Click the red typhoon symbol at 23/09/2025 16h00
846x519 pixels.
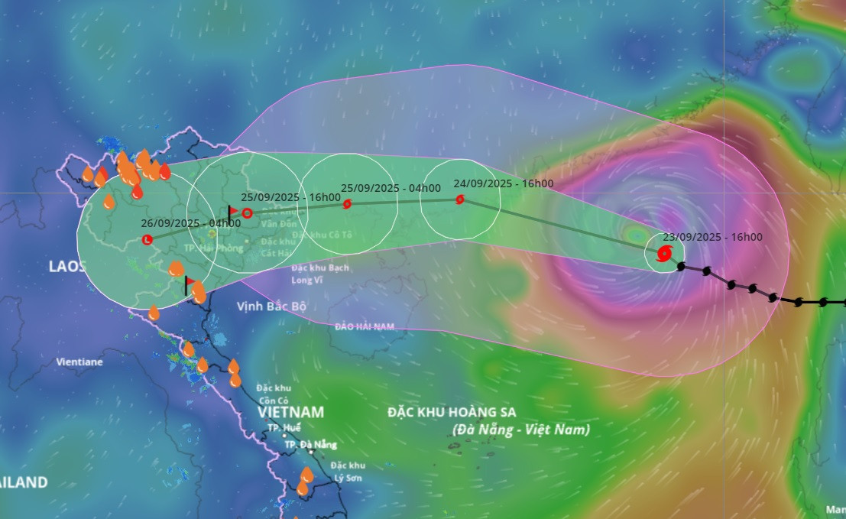click(x=664, y=252)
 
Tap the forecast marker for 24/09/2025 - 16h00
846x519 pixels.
click(x=459, y=199)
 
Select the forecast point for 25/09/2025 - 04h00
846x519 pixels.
click(x=347, y=204)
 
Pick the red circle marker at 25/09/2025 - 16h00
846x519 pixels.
click(x=247, y=213)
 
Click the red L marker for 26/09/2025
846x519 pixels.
click(x=147, y=240)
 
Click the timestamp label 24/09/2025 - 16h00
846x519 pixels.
click(x=503, y=183)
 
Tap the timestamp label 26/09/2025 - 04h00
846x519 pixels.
click(x=191, y=223)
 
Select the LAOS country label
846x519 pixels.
click(x=67, y=266)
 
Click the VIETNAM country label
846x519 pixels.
click(x=290, y=412)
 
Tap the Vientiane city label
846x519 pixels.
click(x=79, y=362)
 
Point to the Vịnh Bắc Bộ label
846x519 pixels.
click(x=271, y=307)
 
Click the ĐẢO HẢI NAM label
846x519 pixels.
click(x=365, y=326)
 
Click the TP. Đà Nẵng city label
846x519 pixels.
click(x=310, y=445)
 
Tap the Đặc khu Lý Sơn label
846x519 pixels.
click(x=348, y=472)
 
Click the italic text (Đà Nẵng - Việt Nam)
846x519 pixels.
click(x=521, y=430)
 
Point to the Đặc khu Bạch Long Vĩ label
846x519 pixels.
click(x=320, y=274)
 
